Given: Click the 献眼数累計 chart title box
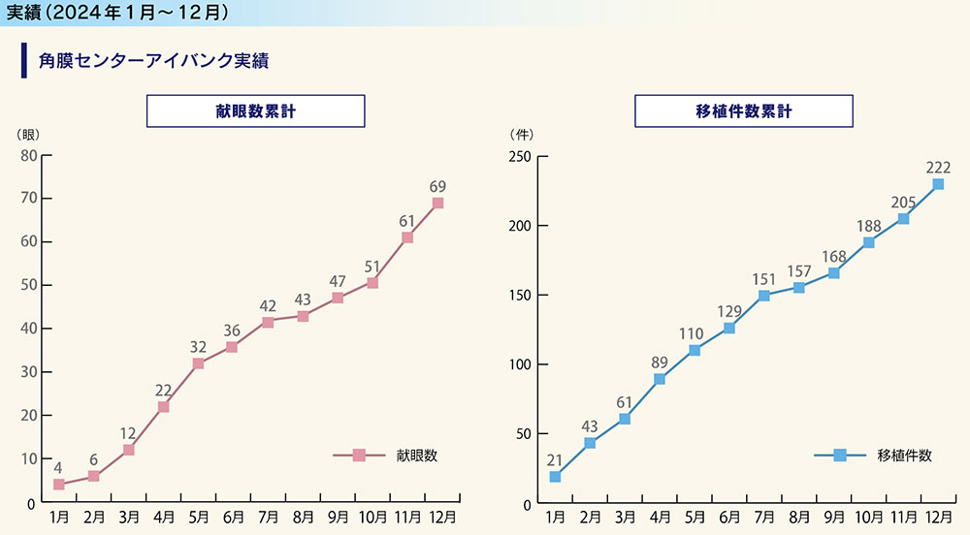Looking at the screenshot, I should pyautogui.click(x=255, y=111).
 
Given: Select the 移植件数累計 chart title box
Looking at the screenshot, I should pyautogui.click(x=744, y=111).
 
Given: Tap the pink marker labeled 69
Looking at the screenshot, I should pyautogui.click(x=437, y=203).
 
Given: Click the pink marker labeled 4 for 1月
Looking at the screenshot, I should pyautogui.click(x=59, y=484).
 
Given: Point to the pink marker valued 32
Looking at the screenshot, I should pyautogui.click(x=198, y=363).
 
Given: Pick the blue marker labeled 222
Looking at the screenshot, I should pyautogui.click(x=938, y=184).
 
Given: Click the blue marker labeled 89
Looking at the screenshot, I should pyautogui.click(x=660, y=379).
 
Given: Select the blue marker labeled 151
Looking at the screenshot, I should pyautogui.click(x=764, y=296).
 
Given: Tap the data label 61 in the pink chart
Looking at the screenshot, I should pyautogui.click(x=407, y=221).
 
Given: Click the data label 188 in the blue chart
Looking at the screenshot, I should pyautogui.click(x=868, y=226).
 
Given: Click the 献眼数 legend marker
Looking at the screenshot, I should pyautogui.click(x=359, y=455).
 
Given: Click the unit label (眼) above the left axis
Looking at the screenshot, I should pyautogui.click(x=28, y=134).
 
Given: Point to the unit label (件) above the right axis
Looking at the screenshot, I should pyautogui.click(x=521, y=134).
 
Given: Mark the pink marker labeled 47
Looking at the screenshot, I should pyautogui.click(x=338, y=298).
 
